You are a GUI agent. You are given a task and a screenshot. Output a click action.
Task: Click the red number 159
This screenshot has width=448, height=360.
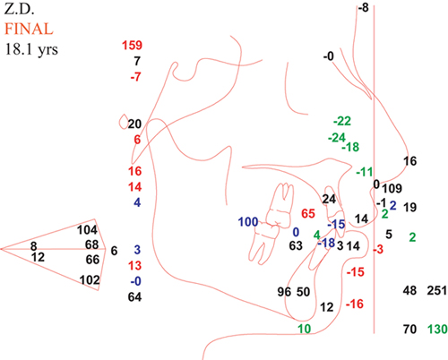pyautogui.click(x=132, y=46)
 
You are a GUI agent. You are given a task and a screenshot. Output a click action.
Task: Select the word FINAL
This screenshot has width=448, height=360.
pyautogui.click(x=29, y=30)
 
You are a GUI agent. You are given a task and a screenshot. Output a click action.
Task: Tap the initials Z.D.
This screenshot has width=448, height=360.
pyautogui.click(x=19, y=9)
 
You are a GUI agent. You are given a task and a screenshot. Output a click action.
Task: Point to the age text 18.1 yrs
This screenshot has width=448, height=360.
pyautogui.click(x=31, y=49)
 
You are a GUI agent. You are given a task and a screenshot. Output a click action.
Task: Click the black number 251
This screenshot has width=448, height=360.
pyautogui.click(x=437, y=290)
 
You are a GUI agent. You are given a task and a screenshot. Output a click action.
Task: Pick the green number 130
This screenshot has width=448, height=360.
pyautogui.click(x=437, y=329)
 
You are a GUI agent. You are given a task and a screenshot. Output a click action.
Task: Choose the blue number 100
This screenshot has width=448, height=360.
pyautogui.click(x=248, y=222)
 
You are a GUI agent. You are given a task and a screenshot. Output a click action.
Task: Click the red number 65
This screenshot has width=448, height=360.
pyautogui.click(x=308, y=213)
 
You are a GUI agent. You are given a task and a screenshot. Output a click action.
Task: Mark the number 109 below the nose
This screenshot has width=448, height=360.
pyautogui.click(x=392, y=188)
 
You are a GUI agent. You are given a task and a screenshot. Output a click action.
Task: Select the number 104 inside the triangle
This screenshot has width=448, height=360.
pyautogui.click(x=87, y=230)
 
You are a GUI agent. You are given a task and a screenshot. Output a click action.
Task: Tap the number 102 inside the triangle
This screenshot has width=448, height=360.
pyautogui.click(x=90, y=280)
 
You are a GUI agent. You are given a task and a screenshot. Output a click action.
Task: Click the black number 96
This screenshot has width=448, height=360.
pyautogui.click(x=284, y=292)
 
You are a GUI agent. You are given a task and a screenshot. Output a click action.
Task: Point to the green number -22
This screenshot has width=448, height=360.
pyautogui.click(x=342, y=121)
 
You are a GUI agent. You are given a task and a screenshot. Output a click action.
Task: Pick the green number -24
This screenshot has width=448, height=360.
pyautogui.click(x=337, y=138)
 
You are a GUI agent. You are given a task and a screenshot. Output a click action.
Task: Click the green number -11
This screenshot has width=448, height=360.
pyautogui.click(x=365, y=172)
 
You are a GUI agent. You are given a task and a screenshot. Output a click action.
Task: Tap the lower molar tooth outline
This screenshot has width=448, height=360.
pyautogui.click(x=264, y=243)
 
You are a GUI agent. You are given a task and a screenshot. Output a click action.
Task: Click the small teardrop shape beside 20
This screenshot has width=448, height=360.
pyautogui.click(x=124, y=122)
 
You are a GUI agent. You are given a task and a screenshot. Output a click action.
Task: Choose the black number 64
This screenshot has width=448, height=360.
pyautogui.click(x=134, y=297)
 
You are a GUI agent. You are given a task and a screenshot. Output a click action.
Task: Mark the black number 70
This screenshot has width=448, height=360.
pyautogui.click(x=409, y=329)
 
